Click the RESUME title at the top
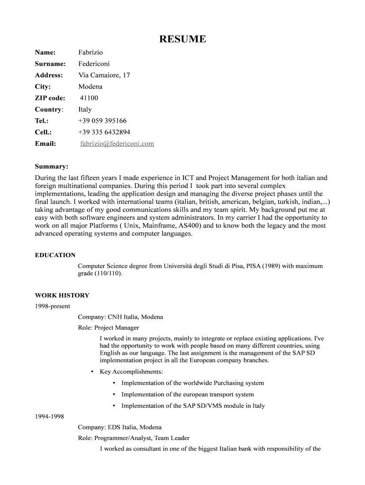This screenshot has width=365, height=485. tap(182, 39)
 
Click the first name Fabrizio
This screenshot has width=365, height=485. tap(91, 52)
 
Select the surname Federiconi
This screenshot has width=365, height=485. tap(94, 63)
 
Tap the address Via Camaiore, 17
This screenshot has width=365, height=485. tap(104, 75)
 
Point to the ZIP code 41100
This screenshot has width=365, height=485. tap(89, 98)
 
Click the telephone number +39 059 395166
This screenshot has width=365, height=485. tap(102, 121)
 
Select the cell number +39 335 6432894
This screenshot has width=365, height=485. tap(104, 132)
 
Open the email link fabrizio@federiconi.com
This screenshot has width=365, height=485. tap(117, 144)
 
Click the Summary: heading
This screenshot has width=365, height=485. tap(52, 167)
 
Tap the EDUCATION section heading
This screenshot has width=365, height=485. tap(55, 255)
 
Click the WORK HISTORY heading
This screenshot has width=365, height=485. tap(62, 296)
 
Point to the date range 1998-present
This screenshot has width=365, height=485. tap(53, 306)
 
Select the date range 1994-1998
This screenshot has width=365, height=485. tap(50, 417)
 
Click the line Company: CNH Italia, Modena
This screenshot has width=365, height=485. tap(120, 317)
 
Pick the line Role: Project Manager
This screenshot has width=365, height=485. tap(109, 328)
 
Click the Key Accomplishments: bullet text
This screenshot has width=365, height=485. tap(131, 372)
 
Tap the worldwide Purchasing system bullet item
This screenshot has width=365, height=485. tap(192, 383)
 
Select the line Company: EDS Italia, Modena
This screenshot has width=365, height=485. tap(119, 427)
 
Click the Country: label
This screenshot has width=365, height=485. tap(49, 109)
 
